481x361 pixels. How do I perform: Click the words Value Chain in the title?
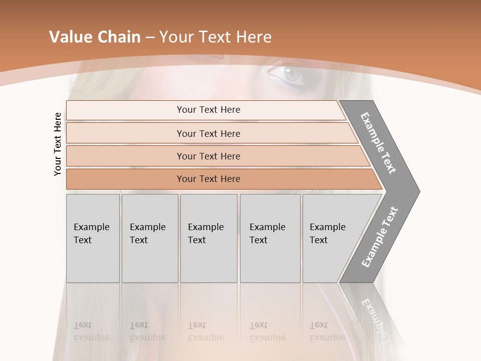coord(95,37)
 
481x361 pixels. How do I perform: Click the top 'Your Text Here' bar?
coord(208,110)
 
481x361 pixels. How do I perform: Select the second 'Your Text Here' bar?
coord(208,133)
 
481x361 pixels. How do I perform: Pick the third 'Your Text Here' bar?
coord(208,156)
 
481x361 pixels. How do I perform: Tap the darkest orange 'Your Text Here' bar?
coord(208,179)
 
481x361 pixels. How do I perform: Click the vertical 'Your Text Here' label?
coord(58,144)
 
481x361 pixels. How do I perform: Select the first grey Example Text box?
coord(93,238)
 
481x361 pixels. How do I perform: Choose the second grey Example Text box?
coord(149,238)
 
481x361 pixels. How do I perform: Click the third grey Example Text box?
coord(208,238)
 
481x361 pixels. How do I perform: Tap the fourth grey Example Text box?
coord(270,238)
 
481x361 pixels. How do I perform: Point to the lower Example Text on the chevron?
coord(379,237)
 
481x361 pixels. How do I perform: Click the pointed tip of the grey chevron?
coord(417,191)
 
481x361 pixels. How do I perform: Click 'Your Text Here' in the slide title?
coord(215,37)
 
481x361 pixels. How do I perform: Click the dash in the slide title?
coord(150,37)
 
